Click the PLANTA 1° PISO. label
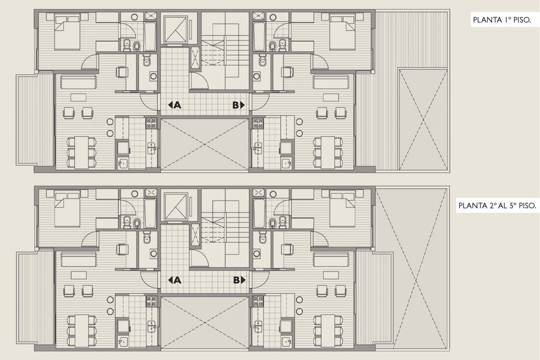(x=502, y=21)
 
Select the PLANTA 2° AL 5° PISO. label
(x=497, y=206)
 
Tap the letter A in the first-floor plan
(x=177, y=105)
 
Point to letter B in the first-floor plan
(x=236, y=105)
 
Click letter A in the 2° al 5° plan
(x=177, y=280)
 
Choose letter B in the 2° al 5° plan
(x=236, y=280)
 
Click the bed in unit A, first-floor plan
(x=68, y=32)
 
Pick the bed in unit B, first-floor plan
(x=343, y=32)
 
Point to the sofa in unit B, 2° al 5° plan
(x=332, y=259)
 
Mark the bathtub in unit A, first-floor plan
(x=150, y=37)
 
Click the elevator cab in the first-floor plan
(x=175, y=30)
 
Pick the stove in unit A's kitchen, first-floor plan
(x=151, y=123)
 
